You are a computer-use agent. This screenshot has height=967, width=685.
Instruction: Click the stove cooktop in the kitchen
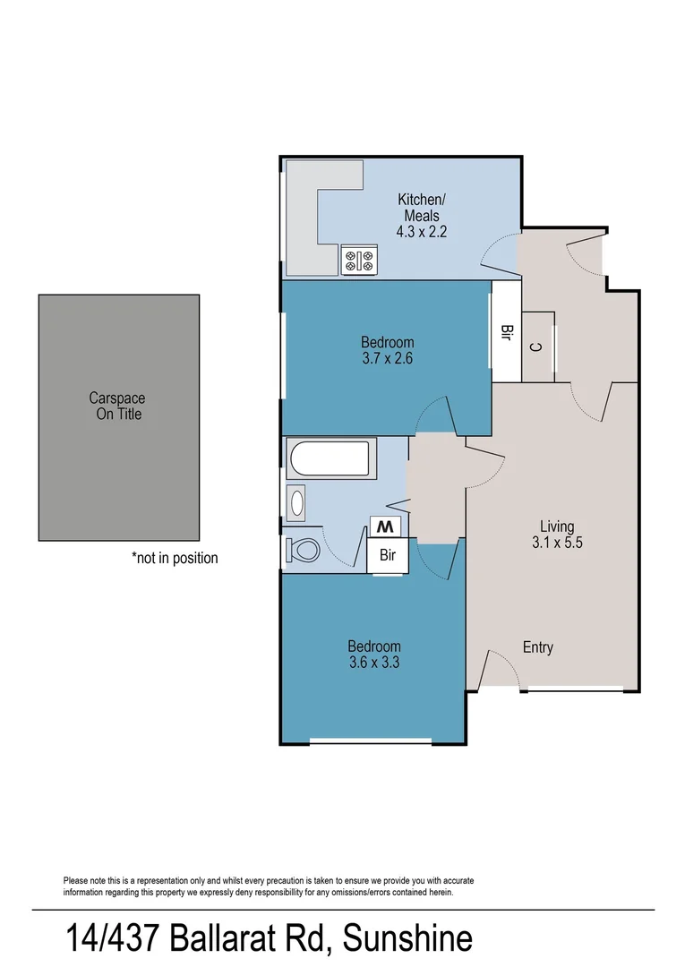(x=359, y=261)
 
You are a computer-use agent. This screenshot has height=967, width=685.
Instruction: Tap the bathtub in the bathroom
(x=329, y=458)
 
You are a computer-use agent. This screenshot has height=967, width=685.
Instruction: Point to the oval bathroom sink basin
(x=296, y=501)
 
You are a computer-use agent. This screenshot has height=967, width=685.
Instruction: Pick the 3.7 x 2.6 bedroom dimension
(x=387, y=358)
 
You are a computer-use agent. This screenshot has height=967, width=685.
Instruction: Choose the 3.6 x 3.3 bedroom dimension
(x=373, y=663)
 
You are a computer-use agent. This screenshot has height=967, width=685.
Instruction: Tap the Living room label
(x=556, y=526)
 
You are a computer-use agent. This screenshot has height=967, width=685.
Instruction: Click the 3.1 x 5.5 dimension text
(x=556, y=542)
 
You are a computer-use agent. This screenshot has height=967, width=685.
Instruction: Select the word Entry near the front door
(x=537, y=647)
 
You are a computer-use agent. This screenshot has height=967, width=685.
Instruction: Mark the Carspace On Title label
(x=118, y=406)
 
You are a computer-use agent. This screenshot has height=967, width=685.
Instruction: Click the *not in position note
(x=175, y=558)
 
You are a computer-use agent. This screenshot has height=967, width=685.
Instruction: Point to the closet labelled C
(x=535, y=347)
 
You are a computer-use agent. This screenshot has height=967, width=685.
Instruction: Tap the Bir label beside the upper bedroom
(x=506, y=333)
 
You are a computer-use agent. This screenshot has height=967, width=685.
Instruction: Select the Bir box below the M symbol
(x=388, y=555)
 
